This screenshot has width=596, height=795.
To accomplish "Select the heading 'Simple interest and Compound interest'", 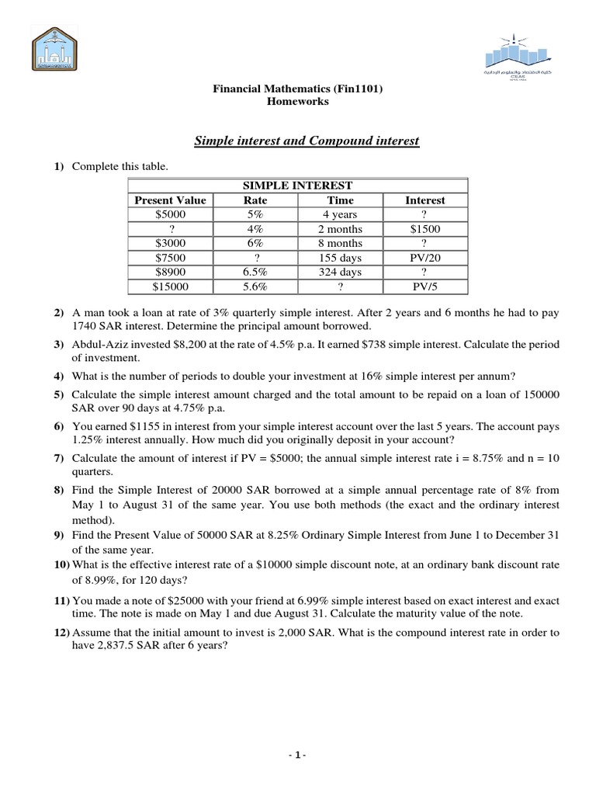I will [x=306, y=141].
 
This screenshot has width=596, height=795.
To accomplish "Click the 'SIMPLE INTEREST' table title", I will [x=298, y=186].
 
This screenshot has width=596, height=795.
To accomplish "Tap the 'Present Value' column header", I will [x=170, y=200].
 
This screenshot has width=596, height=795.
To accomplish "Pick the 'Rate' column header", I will [x=255, y=200].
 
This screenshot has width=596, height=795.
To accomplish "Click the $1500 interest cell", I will [x=424, y=229].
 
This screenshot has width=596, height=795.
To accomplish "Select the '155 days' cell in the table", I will [x=340, y=258].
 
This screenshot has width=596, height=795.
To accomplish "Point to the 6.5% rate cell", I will [x=255, y=273].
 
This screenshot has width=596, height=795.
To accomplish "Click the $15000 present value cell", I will [x=170, y=286].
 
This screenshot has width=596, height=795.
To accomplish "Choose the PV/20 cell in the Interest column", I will [x=424, y=258].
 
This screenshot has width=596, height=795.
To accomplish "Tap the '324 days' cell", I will [x=340, y=273].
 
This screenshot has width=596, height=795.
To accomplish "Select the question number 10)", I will [x=61, y=564].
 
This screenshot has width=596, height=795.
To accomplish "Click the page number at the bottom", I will [x=298, y=755].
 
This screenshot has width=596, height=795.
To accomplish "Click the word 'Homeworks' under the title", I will [x=298, y=102].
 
